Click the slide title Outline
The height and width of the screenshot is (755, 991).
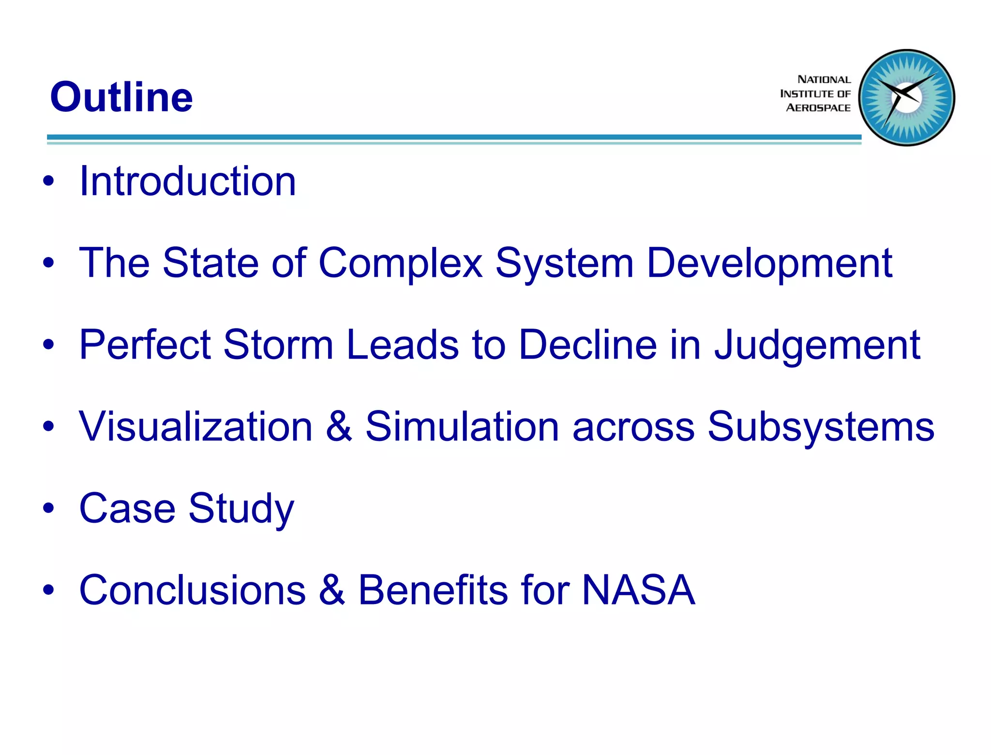121,97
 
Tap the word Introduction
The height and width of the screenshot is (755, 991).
188,181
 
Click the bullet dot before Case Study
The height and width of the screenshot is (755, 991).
48,508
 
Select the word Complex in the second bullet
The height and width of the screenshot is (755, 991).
400,264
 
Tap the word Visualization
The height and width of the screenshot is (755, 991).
195,427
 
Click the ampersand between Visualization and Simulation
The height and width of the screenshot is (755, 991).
339,427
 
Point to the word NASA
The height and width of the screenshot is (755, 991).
638,590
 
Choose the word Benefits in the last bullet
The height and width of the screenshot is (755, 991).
433,590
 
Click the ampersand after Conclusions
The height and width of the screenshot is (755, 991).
332,590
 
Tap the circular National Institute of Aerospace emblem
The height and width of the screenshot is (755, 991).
906,97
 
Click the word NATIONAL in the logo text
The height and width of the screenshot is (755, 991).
824,79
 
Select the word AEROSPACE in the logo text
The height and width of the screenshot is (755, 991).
818,108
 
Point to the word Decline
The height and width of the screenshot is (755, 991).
587,345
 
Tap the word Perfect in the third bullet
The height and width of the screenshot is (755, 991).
145,345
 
